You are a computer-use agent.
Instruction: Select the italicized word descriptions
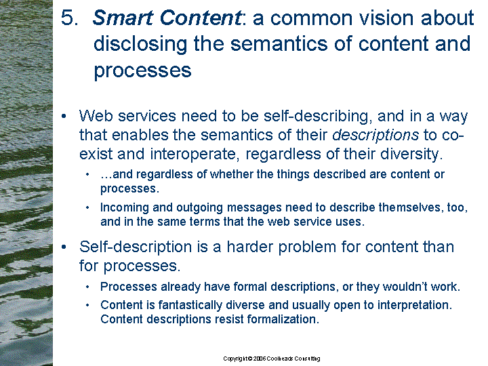tap(375, 136)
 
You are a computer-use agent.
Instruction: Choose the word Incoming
tap(125, 208)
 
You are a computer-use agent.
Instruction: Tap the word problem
tap(307, 247)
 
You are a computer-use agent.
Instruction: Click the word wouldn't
tap(405, 287)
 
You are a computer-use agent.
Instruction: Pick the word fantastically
tap(190, 305)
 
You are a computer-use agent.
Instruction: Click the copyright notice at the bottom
tap(271, 359)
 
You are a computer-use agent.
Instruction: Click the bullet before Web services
tap(64, 117)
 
